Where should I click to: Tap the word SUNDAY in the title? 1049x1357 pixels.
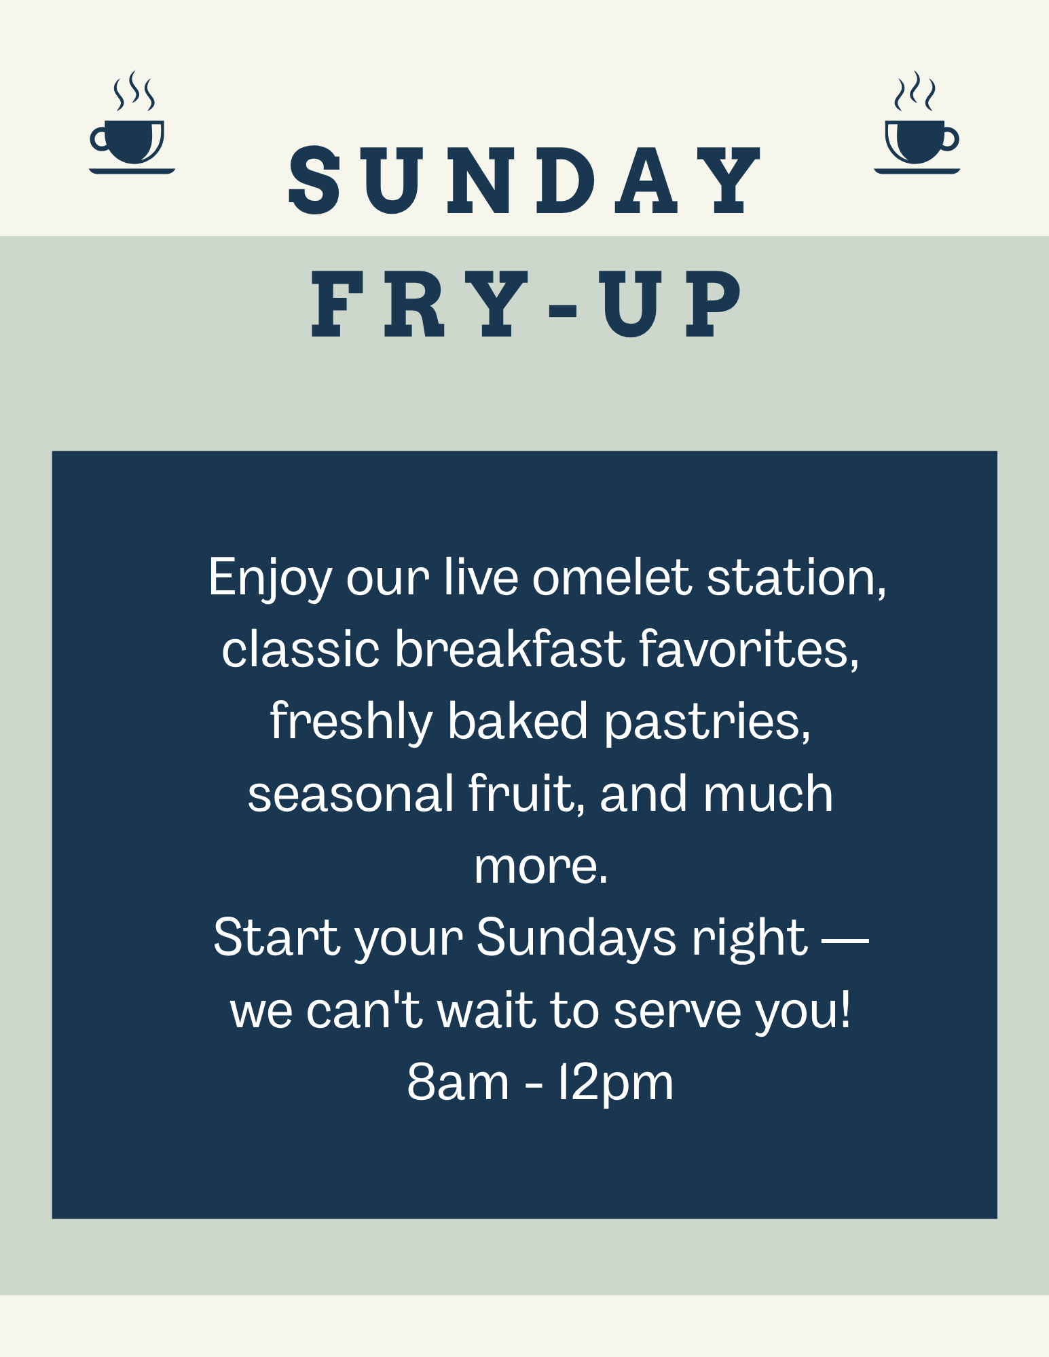click(x=525, y=180)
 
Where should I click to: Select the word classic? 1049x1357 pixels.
click(x=300, y=649)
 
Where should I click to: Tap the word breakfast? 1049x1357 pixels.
click(x=509, y=649)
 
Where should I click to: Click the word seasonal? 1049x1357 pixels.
click(x=350, y=794)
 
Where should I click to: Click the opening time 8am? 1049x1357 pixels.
click(x=458, y=1082)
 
